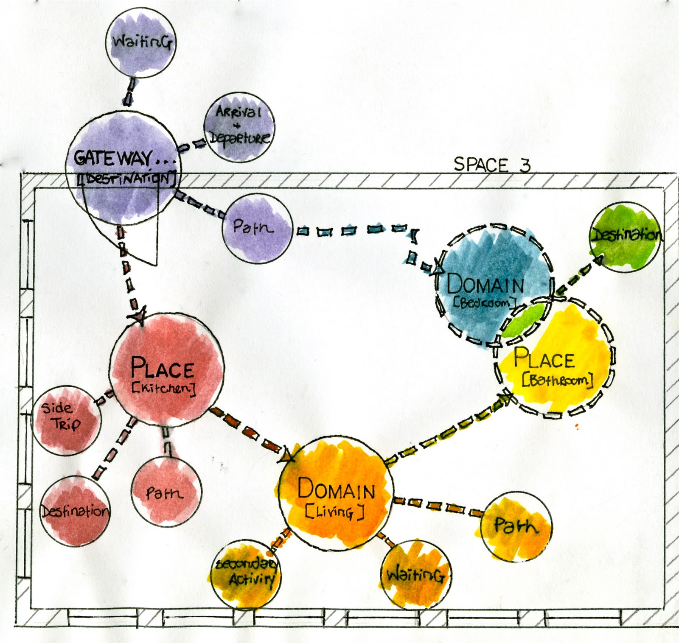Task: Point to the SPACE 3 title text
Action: pos(492,164)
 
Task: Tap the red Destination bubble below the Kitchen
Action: pos(75,509)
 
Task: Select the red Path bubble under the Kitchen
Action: pos(166,492)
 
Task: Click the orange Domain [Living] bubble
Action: pos(335,496)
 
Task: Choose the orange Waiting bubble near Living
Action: pos(416,575)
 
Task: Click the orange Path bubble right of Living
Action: pos(516,526)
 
